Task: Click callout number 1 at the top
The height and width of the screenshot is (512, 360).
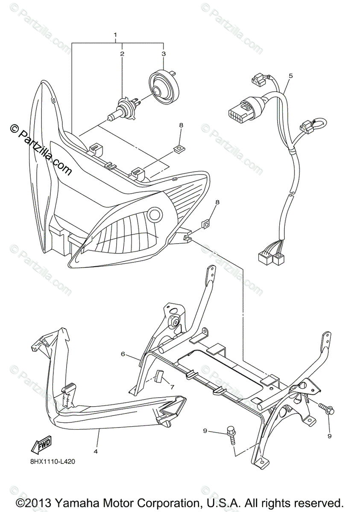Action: click(115, 34)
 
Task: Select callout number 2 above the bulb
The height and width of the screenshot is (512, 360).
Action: click(122, 54)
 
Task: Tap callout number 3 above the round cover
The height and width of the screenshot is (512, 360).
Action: click(163, 54)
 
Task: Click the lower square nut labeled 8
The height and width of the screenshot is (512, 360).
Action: click(207, 223)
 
